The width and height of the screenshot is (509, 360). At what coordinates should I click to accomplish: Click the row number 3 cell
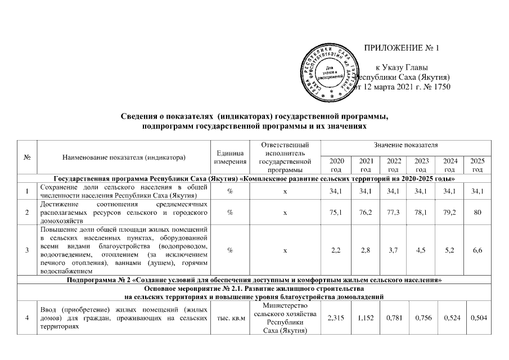27,250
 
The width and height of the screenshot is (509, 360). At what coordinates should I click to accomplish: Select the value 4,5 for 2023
422,250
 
